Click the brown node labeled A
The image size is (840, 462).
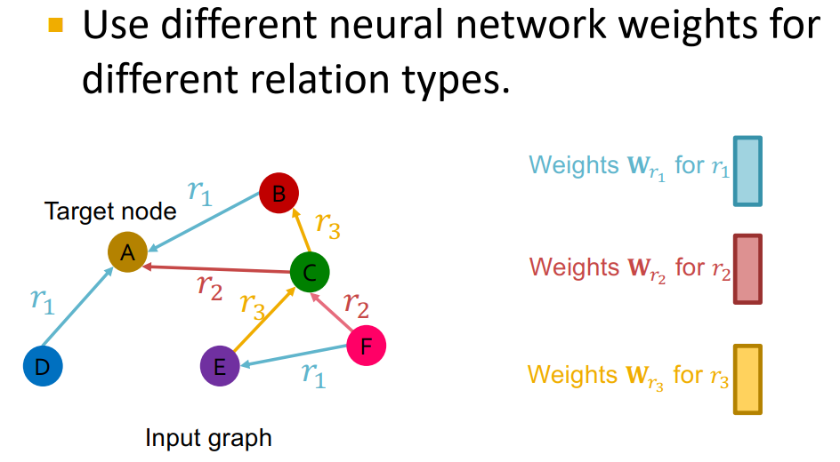tap(127, 253)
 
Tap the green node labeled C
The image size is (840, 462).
tap(310, 273)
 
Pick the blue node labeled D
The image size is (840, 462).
tap(43, 366)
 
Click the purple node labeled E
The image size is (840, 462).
tap(220, 366)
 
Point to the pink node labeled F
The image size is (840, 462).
tap(366, 346)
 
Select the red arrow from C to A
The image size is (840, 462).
tap(218, 268)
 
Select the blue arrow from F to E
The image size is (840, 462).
tap(294, 355)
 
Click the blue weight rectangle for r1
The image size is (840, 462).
tap(747, 171)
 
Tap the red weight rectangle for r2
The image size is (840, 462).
tap(747, 269)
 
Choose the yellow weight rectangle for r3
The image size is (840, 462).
tap(747, 379)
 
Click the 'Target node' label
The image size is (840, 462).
tap(110, 211)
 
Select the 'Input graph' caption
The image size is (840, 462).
tap(208, 438)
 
